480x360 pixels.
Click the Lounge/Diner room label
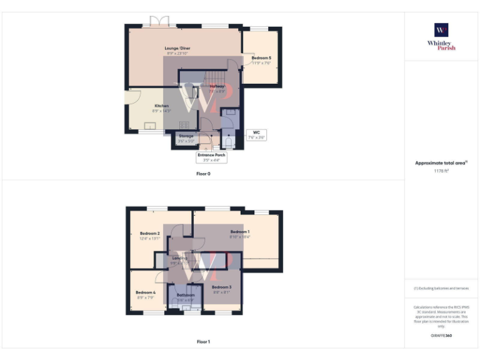(x=177, y=48)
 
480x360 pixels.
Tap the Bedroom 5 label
(x=261, y=57)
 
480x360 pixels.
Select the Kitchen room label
(x=161, y=106)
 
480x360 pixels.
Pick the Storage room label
(x=186, y=136)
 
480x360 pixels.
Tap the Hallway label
(x=216, y=86)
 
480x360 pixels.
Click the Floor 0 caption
(x=203, y=174)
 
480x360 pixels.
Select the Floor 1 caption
(x=203, y=342)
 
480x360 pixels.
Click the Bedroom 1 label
(x=239, y=232)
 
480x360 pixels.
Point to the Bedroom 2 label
(x=150, y=233)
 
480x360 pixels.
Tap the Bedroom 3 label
(x=221, y=287)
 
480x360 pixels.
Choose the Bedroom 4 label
(x=145, y=292)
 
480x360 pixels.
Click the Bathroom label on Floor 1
(x=186, y=295)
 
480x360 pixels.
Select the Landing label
(x=179, y=257)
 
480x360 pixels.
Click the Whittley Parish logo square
(x=441, y=30)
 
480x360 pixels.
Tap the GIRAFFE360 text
(x=441, y=336)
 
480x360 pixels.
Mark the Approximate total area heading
(x=441, y=162)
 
